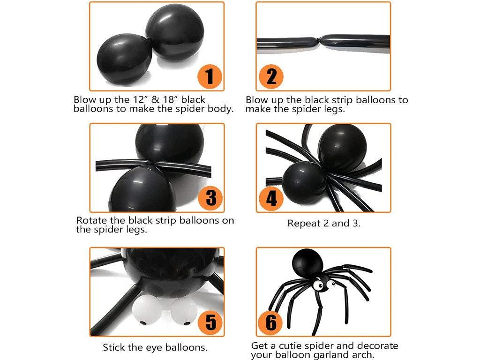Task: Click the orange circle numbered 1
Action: point(210,76)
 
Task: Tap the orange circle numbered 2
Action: point(271,76)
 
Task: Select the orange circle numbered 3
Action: point(210,198)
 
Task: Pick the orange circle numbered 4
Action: point(271,198)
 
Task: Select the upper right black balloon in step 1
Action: point(175,32)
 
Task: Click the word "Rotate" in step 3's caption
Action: point(91,220)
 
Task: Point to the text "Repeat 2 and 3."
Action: point(324,223)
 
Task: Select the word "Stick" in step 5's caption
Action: point(114,347)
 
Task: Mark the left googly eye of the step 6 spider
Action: point(318,285)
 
